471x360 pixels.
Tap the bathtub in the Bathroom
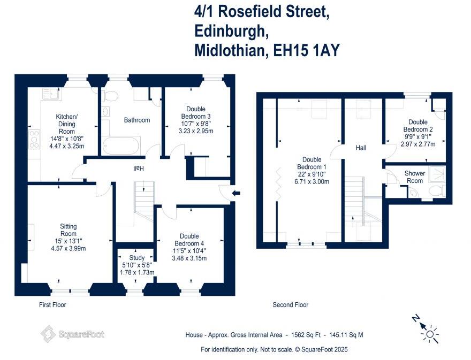pyautogui.click(x=121, y=145)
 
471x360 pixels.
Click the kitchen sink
pyautogui.click(x=52, y=94)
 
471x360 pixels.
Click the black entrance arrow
pyautogui.click(x=236, y=193)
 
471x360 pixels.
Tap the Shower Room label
pyautogui.click(x=414, y=177)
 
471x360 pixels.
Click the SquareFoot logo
pyautogui.click(x=73, y=334)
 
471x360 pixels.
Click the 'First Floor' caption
pyautogui.click(x=52, y=305)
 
